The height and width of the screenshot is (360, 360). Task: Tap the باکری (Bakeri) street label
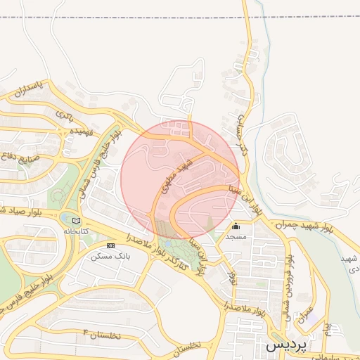[x=65, y=112]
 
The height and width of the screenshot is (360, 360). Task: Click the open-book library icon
[x=77, y=221]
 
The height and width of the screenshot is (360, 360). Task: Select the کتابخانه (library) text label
[x=77, y=231]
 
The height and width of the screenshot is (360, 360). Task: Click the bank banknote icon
[x=110, y=245]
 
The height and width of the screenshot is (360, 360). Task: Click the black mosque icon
[x=236, y=226]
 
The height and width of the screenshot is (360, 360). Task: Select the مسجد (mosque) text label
[x=236, y=238]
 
